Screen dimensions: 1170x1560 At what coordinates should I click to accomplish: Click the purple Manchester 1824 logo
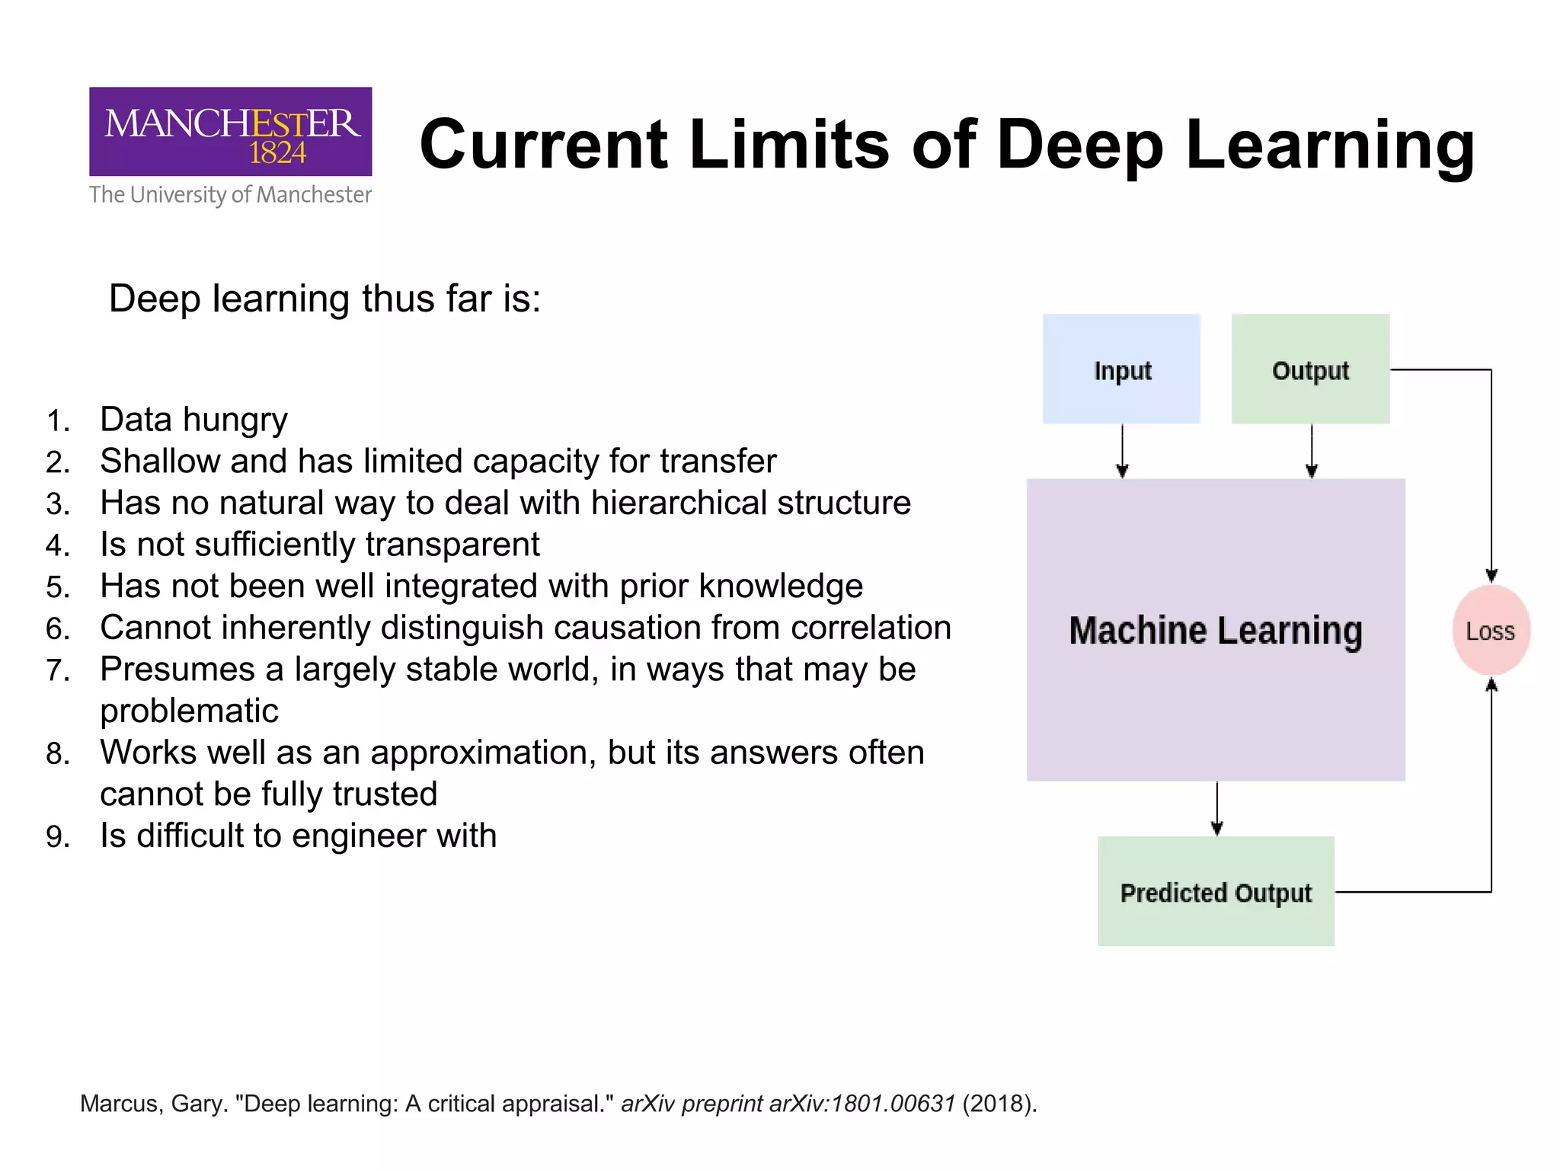click(230, 132)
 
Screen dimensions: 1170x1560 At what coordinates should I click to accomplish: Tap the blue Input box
click(1121, 369)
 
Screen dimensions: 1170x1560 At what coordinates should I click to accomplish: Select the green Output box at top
click(1310, 369)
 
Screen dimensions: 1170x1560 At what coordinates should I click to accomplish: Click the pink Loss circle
click(1491, 631)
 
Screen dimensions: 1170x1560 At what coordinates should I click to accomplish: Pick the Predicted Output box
click(1216, 892)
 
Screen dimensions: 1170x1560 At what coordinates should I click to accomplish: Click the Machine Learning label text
click(1216, 631)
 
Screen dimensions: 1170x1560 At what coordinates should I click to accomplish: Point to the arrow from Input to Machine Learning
click(1122, 451)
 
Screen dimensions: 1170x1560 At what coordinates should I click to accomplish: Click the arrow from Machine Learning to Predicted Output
click(1216, 808)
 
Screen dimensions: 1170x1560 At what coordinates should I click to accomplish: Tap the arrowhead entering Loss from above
click(1491, 576)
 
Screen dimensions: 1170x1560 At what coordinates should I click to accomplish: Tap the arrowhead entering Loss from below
click(1491, 685)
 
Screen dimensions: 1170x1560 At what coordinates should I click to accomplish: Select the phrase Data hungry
click(193, 420)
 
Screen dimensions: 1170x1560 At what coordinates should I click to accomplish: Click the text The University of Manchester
click(230, 195)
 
